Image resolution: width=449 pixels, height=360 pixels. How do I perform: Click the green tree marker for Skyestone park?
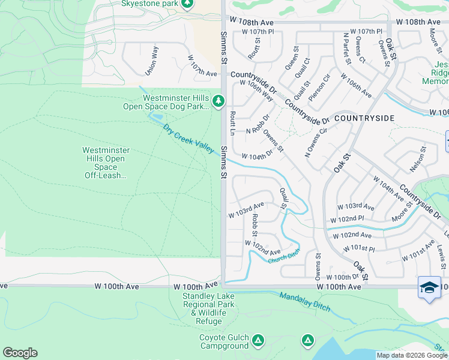tap(187, 4)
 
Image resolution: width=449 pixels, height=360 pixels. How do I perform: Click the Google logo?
tap(20, 353)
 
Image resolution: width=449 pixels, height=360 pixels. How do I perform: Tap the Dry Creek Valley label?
tap(188, 139)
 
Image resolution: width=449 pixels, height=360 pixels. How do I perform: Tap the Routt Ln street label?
tap(232, 122)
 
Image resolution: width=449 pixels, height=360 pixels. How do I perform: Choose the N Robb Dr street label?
tap(258, 124)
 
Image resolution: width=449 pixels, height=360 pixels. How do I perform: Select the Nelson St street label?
tap(421, 158)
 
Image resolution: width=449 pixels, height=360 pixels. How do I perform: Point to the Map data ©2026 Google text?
tap(412, 355)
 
